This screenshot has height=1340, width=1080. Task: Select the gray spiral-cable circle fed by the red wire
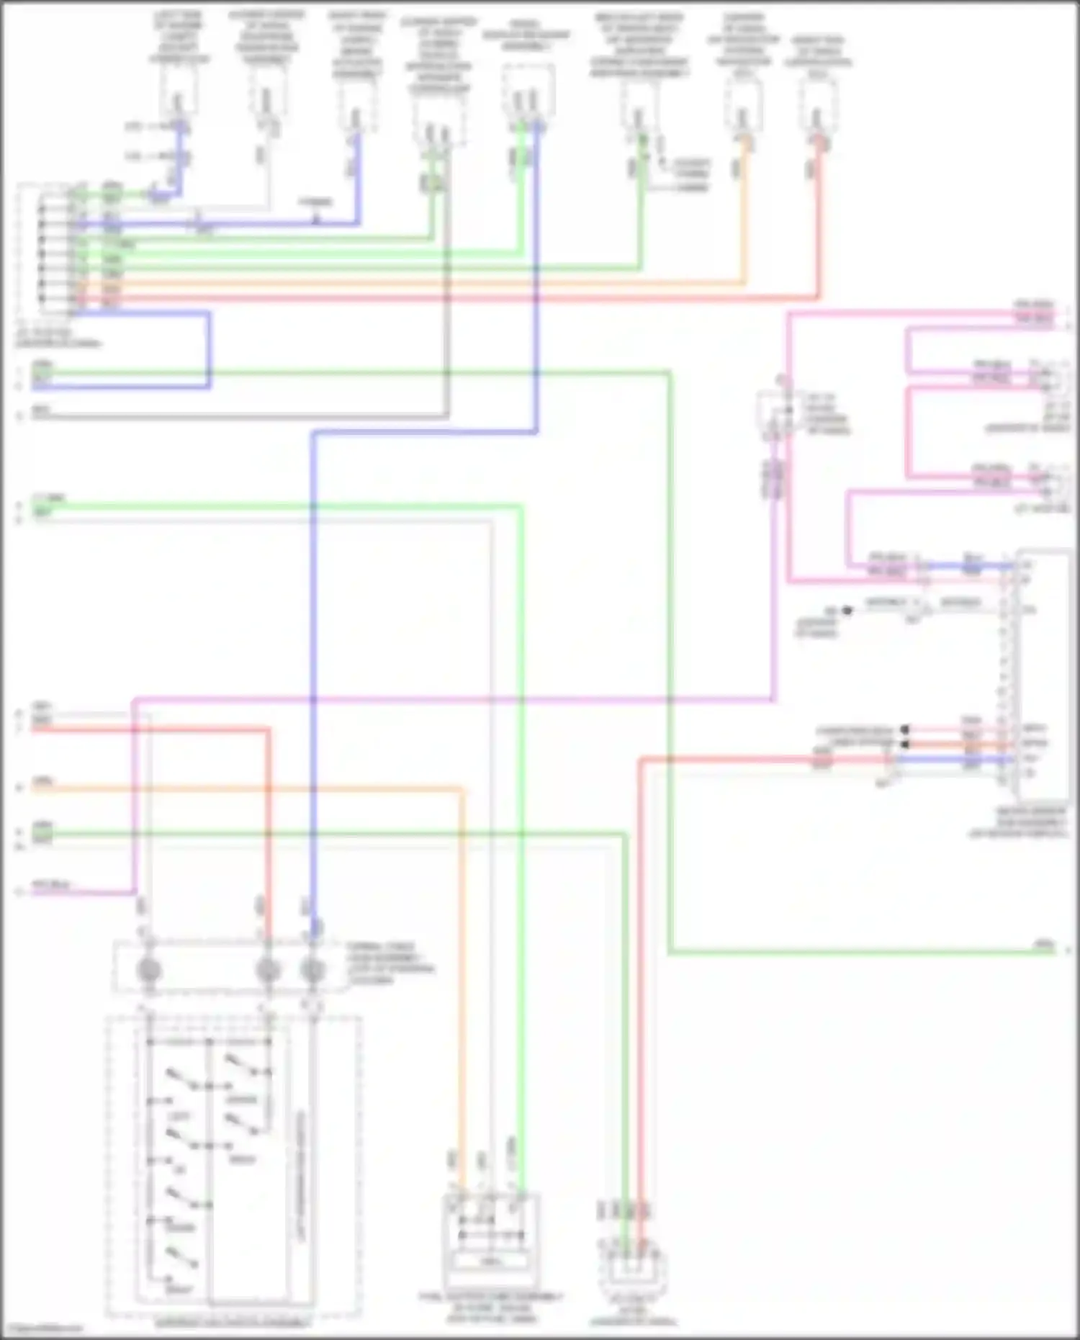point(268,971)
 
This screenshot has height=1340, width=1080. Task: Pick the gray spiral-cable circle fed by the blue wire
point(312,971)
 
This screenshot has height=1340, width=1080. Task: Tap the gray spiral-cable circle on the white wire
point(149,971)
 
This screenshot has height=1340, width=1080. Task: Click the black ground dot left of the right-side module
point(847,611)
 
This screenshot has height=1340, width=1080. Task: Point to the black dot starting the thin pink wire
point(905,730)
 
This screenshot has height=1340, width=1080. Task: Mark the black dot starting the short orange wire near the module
point(905,744)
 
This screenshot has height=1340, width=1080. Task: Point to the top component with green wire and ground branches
point(638,108)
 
